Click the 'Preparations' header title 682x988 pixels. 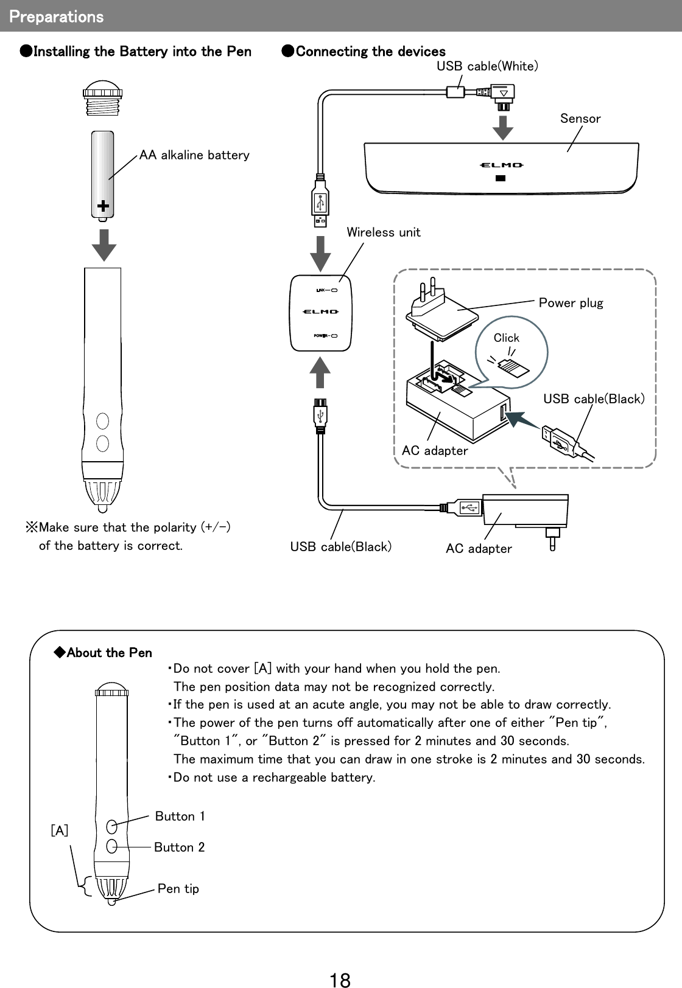[56, 16]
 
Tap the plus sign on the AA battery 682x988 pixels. [104, 207]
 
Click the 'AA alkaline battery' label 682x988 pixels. [194, 155]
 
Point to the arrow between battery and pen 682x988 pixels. [104, 245]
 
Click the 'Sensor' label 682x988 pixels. [580, 119]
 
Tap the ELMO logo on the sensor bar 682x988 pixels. [500, 165]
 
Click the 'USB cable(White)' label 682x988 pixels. [487, 66]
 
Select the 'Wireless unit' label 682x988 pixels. [383, 232]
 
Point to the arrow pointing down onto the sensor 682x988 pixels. [502, 125]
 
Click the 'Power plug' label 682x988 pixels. [571, 303]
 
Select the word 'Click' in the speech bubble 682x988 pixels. [506, 338]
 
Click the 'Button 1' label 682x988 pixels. [180, 816]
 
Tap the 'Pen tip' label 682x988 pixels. [178, 889]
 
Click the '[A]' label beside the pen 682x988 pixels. [59, 831]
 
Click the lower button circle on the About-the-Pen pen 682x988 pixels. [111, 846]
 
